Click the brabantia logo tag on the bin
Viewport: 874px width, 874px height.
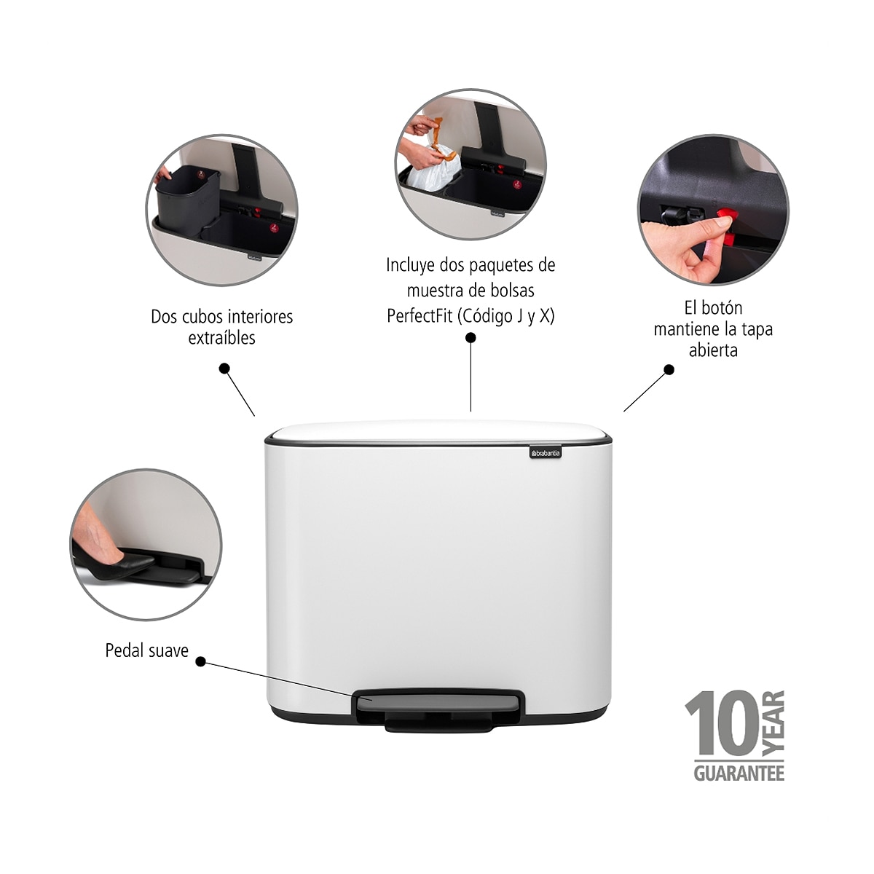(546, 452)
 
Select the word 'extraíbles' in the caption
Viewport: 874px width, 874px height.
(222, 338)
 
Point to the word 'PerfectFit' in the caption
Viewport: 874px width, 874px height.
(420, 315)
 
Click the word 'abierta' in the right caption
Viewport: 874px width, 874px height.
(713, 350)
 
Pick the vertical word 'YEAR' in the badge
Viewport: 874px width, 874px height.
(773, 723)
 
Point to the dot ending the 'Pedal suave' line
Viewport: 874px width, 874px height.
(200, 662)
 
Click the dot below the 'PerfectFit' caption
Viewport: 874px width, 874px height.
(471, 337)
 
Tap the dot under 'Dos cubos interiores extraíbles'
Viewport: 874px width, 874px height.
(224, 369)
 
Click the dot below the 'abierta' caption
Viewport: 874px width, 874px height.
(669, 370)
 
